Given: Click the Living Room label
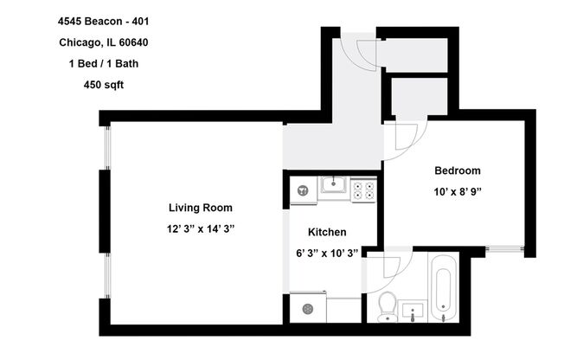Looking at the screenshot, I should click(200, 208).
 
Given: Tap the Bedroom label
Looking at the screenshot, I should click(457, 170).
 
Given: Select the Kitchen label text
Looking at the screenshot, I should click(328, 232).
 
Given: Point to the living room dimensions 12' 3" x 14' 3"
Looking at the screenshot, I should click(200, 228).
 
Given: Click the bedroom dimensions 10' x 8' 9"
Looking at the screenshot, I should click(457, 191).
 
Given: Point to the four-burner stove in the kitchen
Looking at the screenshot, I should click(363, 189).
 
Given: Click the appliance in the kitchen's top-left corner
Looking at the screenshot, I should click(301, 190).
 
